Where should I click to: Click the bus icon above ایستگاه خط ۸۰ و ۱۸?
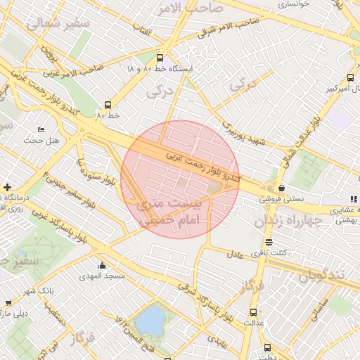[160, 58]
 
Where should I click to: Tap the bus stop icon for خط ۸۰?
[107, 103]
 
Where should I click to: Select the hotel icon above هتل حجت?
[41, 131]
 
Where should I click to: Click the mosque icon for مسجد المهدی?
[103, 265]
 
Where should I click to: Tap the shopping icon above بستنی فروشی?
[282, 188]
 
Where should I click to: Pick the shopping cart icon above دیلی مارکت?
[8, 304]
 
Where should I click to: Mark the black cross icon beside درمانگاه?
[7, 187]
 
